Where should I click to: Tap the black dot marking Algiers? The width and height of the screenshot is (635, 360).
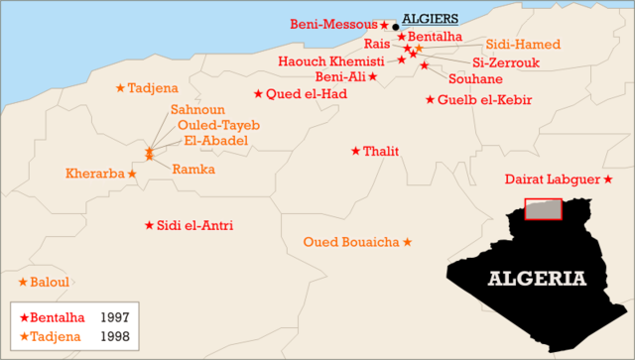tap(395, 27)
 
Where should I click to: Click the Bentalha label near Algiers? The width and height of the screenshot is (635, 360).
tap(430, 37)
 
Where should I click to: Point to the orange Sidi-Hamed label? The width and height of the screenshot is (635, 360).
tap(523, 45)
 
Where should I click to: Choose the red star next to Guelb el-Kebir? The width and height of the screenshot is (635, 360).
tap(430, 99)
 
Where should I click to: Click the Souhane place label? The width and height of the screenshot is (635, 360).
tap(475, 77)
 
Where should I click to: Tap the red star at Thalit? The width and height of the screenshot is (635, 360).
tap(356, 151)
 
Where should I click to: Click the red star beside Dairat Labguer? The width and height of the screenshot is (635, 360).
tap(607, 180)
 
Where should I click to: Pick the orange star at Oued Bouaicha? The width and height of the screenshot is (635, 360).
tap(407, 242)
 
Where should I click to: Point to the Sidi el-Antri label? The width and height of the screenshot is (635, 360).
tap(195, 226)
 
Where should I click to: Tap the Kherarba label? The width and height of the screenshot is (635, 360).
tap(95, 174)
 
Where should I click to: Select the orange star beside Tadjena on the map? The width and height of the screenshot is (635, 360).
tap(121, 87)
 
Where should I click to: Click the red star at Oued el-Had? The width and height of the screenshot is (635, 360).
tap(259, 94)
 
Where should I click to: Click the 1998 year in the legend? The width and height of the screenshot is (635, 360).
tap(114, 337)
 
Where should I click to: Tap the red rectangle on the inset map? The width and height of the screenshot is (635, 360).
tap(543, 209)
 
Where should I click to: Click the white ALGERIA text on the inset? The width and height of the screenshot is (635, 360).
tap(536, 278)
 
